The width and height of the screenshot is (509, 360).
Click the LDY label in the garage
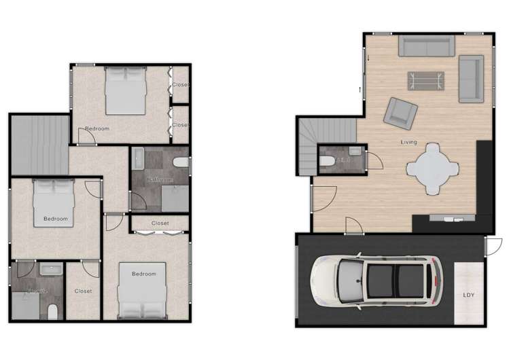(469, 295)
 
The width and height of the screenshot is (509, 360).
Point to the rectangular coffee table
(427, 81)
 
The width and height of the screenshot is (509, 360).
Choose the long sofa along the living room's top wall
(426, 46)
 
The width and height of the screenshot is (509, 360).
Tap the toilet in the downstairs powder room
(326, 161)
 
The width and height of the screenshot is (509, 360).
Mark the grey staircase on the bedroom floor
(40, 145)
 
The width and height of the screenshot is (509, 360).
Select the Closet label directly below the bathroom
(160, 223)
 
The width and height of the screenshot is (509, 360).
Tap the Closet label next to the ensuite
(83, 291)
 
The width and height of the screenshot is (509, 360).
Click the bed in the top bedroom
(126, 90)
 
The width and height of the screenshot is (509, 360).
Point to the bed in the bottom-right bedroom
(143, 290)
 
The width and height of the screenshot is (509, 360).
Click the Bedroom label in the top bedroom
(97, 128)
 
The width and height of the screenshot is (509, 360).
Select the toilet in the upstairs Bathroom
(180, 162)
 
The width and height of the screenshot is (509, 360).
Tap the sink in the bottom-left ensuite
(50, 270)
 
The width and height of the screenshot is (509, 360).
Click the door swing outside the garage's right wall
(495, 246)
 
